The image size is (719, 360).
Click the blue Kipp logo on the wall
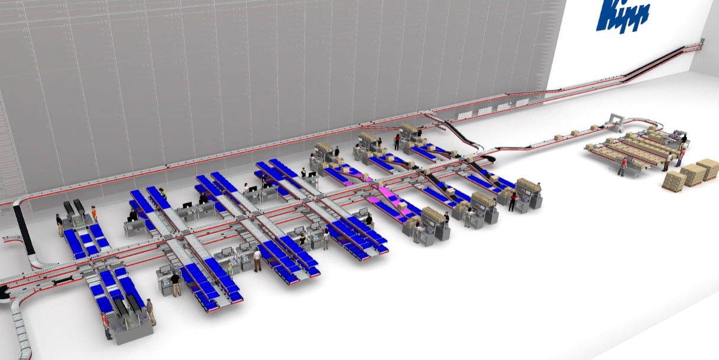click(622, 15)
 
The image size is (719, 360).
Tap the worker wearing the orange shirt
click(94, 214)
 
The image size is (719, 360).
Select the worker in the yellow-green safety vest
click(163, 193)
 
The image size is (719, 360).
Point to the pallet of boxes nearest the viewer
click(674, 179)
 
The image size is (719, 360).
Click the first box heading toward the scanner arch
click(594, 128)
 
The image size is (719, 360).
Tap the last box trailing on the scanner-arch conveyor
click(558, 138)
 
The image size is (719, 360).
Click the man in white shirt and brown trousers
click(257, 260)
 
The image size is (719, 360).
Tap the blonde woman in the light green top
click(230, 270)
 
